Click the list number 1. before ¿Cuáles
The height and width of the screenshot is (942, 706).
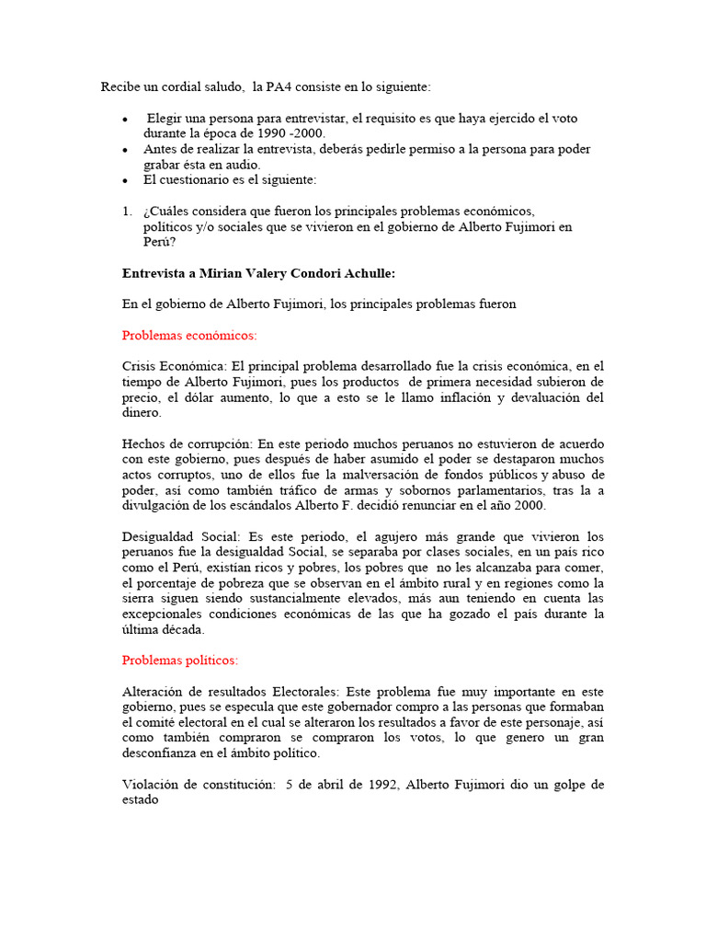[x=127, y=211]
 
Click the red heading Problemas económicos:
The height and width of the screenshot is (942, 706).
[x=189, y=335]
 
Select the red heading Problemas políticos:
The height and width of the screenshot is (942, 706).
[x=180, y=660]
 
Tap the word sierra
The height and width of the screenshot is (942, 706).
[x=140, y=599]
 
